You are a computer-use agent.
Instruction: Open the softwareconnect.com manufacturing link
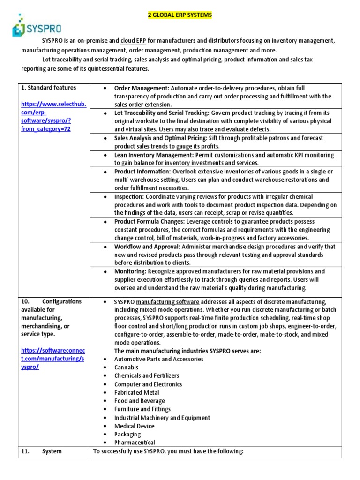click(53, 359)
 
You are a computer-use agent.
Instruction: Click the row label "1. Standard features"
click(48, 88)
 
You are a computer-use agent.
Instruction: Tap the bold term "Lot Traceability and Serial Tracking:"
click(162, 113)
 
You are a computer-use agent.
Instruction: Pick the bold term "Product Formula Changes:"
click(150, 222)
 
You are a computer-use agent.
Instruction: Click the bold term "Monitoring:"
click(130, 272)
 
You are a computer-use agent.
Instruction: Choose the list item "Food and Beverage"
click(139, 401)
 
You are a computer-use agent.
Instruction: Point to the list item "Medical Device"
click(134, 426)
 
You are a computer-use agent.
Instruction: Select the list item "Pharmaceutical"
click(135, 442)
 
